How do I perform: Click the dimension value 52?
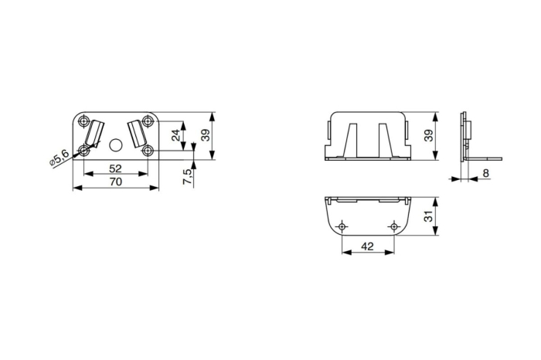coord(115,168)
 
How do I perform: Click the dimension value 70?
coord(115,182)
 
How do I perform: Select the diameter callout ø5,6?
coord(59,158)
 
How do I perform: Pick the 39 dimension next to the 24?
coord(206,135)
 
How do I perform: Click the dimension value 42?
coord(368,247)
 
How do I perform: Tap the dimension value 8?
coord(485,174)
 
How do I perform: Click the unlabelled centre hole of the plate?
coord(116,144)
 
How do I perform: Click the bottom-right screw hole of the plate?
coord(148,151)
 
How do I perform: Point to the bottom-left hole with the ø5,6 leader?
coord(83,151)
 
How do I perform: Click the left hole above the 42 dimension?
coord(342,226)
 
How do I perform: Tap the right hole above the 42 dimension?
coord(394,226)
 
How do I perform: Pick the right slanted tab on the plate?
coord(138,132)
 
